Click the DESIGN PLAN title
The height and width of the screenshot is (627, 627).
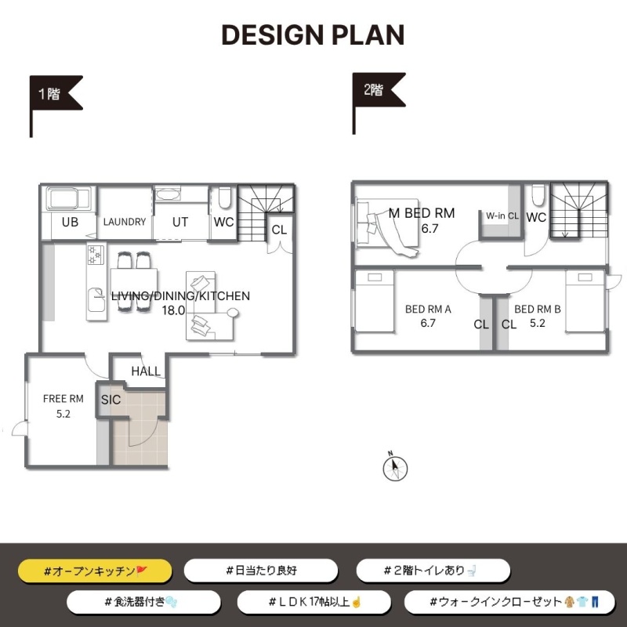point(313,34)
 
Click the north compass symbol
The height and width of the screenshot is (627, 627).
point(395,466)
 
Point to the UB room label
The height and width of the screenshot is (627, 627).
point(70,222)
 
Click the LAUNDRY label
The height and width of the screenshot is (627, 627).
point(125,222)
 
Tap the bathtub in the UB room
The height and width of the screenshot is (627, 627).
point(68,199)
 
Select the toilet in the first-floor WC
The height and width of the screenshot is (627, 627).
point(224,198)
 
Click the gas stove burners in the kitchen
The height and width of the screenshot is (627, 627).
point(96,255)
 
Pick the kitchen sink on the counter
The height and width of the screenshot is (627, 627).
point(96,299)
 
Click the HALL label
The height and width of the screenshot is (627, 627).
point(146,371)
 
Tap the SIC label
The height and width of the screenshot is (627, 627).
point(111,400)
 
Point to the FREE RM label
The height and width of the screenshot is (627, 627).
point(63,399)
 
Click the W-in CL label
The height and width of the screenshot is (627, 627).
point(502,216)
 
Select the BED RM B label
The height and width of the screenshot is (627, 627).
point(538,309)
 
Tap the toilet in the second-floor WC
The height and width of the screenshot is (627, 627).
point(538,195)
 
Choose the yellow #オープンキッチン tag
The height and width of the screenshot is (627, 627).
point(95,571)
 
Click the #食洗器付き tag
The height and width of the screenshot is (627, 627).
point(143,602)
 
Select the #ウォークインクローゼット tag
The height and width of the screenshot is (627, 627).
point(509,602)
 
